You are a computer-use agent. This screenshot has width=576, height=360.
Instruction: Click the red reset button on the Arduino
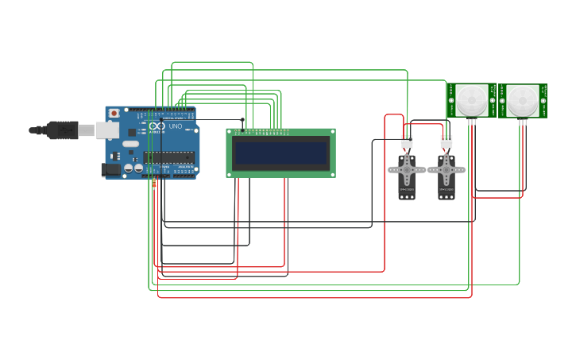(114, 114)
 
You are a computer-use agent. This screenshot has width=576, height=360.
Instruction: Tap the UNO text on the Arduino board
(176, 126)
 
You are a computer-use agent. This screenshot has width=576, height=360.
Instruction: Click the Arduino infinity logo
(157, 126)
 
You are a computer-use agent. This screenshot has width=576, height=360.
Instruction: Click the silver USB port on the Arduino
(107, 130)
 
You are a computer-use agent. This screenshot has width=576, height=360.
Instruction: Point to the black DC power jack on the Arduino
(110, 169)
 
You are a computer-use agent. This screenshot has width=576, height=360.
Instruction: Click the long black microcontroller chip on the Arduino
(169, 157)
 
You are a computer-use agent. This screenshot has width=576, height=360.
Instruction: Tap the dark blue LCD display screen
(281, 153)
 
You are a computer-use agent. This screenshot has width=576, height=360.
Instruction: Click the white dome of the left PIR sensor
(471, 99)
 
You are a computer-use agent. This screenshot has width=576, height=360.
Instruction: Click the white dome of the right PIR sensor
(523, 99)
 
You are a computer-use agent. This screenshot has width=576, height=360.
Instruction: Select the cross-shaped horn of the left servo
(407, 169)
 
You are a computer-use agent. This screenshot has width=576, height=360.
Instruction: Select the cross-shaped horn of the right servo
(446, 169)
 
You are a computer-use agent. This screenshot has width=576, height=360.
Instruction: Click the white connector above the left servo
(407, 142)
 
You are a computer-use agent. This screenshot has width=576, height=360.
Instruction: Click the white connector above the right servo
(446, 142)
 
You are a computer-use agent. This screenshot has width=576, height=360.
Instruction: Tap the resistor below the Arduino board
(154, 184)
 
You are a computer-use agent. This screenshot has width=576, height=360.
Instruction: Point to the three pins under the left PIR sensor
(471, 122)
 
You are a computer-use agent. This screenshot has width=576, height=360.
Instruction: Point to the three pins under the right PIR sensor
(523, 122)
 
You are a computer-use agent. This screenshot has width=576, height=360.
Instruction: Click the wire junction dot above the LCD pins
(243, 120)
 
